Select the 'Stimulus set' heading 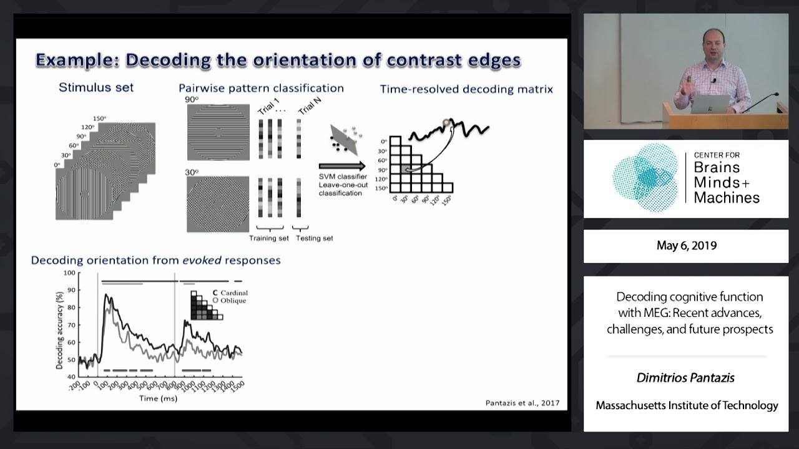tap(96, 87)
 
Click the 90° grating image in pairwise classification tap(217, 132)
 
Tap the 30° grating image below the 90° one tap(217, 204)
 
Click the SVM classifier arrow tap(342, 167)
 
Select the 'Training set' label tap(269, 238)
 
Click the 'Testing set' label tap(314, 238)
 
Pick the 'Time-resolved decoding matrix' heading tap(466, 89)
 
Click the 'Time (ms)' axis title tap(158, 398)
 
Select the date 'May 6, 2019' tap(686, 246)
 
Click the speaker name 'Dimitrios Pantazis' tap(685, 378)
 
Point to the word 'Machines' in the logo tap(727, 198)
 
